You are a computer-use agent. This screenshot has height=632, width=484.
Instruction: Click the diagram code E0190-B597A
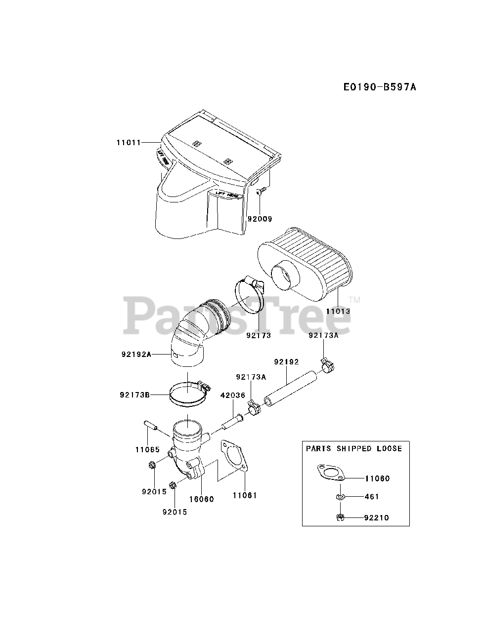380,87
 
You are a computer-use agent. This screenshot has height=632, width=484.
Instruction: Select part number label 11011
129,142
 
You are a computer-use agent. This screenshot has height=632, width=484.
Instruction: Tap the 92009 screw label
260,219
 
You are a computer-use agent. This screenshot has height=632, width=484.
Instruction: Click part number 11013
338,312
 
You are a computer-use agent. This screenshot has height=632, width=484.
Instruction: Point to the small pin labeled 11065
150,426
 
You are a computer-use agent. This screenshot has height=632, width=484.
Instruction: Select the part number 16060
201,499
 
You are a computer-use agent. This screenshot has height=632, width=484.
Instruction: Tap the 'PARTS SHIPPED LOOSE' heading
354,449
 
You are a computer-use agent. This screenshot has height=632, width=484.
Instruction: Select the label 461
371,497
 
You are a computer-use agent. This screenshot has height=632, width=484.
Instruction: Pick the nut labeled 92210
339,517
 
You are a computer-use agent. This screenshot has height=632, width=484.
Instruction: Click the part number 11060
377,478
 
